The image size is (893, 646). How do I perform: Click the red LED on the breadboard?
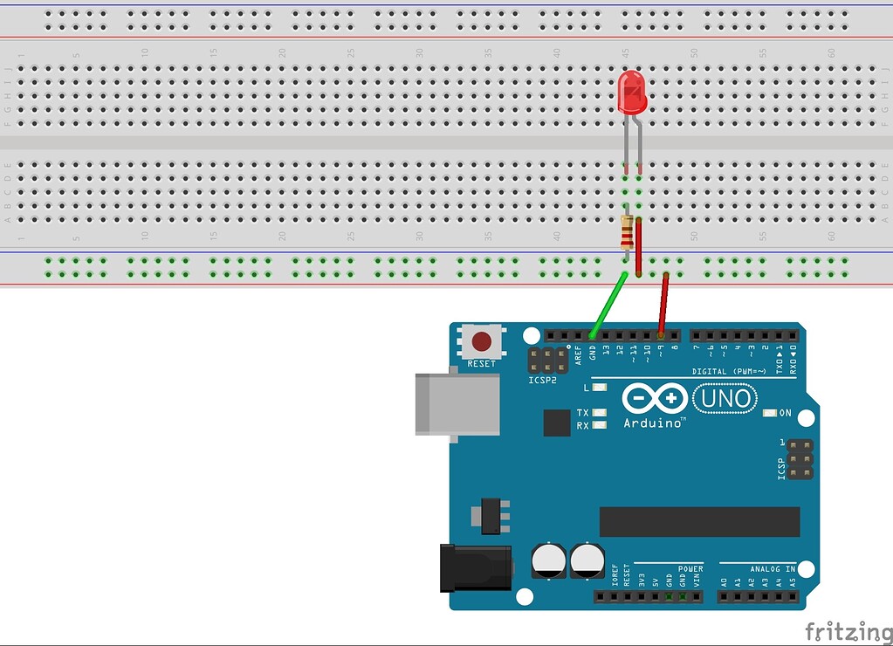[631, 93]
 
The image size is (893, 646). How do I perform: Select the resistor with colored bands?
[626, 233]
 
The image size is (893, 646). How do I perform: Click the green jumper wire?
[608, 305]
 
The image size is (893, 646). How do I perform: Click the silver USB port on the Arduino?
[457, 403]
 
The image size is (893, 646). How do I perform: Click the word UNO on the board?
[724, 399]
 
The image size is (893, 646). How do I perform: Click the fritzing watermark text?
[848, 630]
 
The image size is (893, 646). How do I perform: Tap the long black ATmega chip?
[699, 521]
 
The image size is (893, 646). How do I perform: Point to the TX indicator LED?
[599, 412]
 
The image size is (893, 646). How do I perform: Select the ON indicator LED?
[769, 413]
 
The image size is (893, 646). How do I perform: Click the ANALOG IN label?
[772, 567]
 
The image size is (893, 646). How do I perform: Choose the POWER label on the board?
[690, 567]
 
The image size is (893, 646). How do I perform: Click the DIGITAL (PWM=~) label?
[730, 371]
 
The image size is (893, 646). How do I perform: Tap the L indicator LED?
[599, 387]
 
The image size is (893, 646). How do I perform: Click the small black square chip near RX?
[557, 423]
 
